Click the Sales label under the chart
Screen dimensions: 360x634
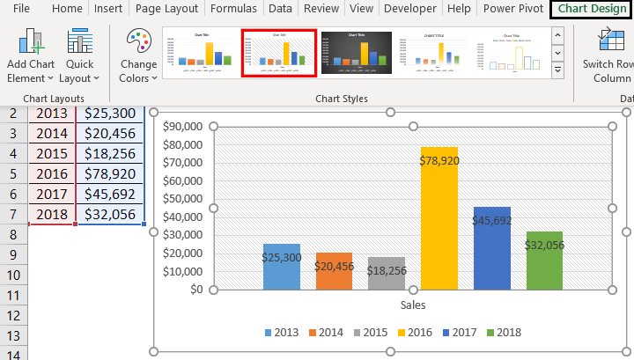[413, 305]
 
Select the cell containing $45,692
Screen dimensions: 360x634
[110, 194]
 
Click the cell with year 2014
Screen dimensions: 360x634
[52, 133]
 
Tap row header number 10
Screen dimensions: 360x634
[13, 275]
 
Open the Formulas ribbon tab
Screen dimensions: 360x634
[233, 9]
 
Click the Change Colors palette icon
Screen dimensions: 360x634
[138, 44]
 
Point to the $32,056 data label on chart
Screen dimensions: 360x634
[544, 246]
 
